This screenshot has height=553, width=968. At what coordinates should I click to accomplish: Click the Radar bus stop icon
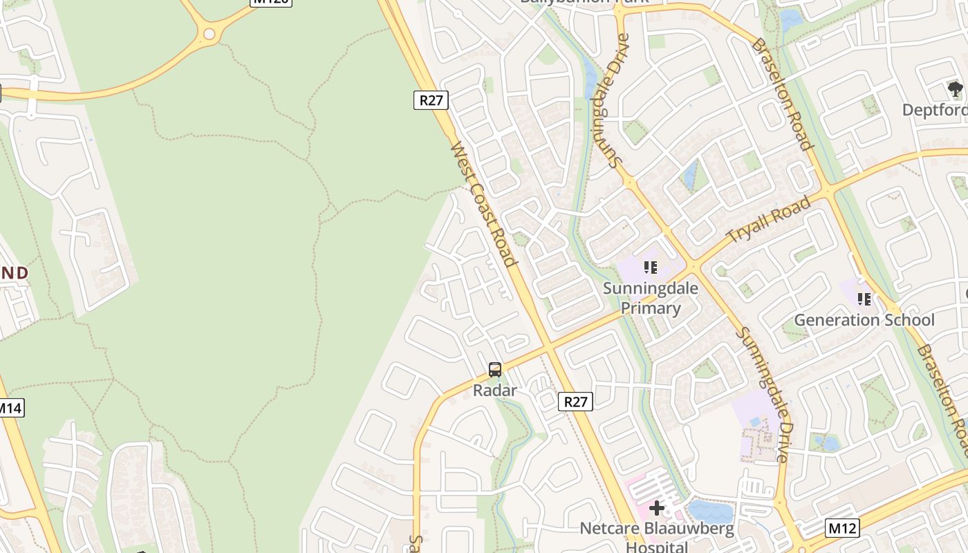495,370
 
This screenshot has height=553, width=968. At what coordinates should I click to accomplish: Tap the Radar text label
495,391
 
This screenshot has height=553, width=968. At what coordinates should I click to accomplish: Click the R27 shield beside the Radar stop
575,402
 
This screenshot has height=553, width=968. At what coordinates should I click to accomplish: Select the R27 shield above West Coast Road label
431,100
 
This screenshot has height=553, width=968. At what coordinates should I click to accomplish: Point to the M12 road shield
842,529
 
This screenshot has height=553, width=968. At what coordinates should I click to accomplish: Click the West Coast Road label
483,204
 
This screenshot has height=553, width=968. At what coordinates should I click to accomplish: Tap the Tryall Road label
768,220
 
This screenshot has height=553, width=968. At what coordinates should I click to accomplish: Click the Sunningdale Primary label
650,298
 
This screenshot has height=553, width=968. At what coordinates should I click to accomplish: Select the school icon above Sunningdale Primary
650,267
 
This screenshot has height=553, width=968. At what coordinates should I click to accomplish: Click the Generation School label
864,320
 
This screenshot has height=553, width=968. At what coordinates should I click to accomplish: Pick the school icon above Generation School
864,299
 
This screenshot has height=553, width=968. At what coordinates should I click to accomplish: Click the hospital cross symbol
657,509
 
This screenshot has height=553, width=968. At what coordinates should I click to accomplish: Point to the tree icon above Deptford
955,89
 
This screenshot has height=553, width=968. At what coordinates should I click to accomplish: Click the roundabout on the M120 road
210,32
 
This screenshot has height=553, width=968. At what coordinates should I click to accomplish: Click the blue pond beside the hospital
710,512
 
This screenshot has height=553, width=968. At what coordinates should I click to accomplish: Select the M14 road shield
10,408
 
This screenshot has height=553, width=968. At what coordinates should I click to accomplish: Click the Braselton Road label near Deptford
781,93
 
